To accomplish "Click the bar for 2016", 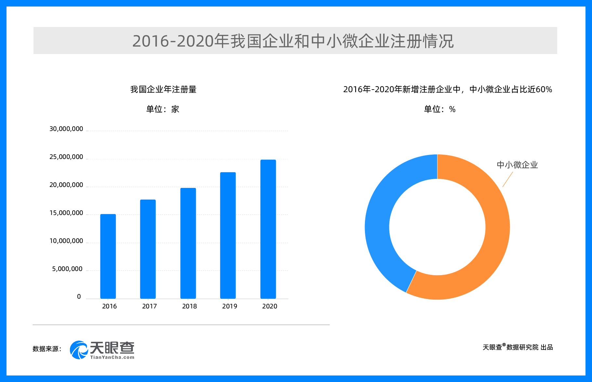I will point(108,256).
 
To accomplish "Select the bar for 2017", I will point(148,249).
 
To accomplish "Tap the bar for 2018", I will point(188,243).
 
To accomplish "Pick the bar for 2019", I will point(228,235).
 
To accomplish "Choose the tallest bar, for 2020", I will point(268,229).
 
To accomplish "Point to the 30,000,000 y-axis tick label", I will point(66,129).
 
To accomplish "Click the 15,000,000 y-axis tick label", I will point(66,213).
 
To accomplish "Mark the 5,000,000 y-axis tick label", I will point(67,269).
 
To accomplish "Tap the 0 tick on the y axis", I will point(79,297).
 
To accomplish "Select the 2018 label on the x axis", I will point(190,306).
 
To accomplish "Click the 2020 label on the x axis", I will point(270,306).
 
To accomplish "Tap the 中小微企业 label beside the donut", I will point(517,165).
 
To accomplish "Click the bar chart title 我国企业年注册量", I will point(163,89).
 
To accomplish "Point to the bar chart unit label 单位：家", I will point(163,109).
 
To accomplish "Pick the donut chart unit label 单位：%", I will point(439,109).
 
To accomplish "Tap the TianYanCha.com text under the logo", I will point(112,357).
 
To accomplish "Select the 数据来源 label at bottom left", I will point(47,349).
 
